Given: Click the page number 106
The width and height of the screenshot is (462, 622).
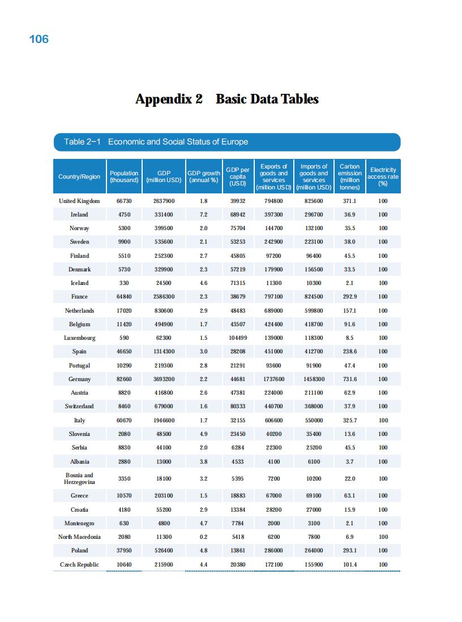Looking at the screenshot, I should (38, 39).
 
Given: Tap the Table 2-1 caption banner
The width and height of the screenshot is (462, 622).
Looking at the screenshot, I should (226, 142).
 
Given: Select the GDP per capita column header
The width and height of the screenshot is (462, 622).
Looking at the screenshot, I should (237, 176).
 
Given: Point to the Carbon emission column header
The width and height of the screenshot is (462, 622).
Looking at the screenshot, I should (349, 177).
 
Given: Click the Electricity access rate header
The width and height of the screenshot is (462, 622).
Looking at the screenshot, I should (383, 176).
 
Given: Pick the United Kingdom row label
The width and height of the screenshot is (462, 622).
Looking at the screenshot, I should (79, 201).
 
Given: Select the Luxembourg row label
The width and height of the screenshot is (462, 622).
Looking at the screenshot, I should (79, 338).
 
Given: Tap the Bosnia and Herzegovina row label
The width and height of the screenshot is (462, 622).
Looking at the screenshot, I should (79, 478).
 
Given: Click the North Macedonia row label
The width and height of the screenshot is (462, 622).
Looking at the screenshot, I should (79, 537).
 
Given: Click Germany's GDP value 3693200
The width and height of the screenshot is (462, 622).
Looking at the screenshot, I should (164, 379).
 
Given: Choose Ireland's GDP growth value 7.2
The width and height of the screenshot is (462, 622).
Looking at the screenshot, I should (203, 215).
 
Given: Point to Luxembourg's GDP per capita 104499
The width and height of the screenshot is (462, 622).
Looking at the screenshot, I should (237, 338).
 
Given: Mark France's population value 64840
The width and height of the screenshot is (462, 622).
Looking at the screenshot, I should (124, 297).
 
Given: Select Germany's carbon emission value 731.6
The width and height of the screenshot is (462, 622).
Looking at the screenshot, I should (349, 379).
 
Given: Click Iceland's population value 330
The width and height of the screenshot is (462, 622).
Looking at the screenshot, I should (124, 283).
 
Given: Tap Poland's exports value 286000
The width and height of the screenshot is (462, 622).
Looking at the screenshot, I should (273, 551).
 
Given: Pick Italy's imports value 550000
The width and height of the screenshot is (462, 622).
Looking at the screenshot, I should (314, 421).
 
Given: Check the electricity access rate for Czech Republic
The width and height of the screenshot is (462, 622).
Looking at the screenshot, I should (383, 565).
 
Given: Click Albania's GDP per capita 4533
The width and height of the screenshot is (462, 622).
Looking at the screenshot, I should (237, 462).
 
